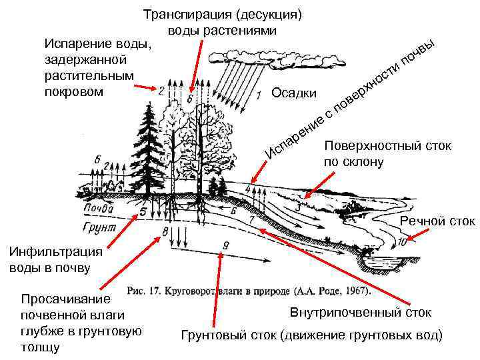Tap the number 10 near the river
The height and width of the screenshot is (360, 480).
[x=401, y=241]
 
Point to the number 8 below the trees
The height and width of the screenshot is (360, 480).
[x=165, y=231]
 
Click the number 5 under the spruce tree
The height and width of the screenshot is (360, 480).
[x=141, y=212]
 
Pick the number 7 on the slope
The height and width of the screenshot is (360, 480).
[x=251, y=219]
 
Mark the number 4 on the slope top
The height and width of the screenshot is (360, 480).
[x=249, y=189]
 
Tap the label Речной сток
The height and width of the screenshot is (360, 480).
[x=437, y=221]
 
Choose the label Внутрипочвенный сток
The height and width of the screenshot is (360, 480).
[x=361, y=313]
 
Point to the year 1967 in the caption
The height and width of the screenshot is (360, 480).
[x=354, y=291]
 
